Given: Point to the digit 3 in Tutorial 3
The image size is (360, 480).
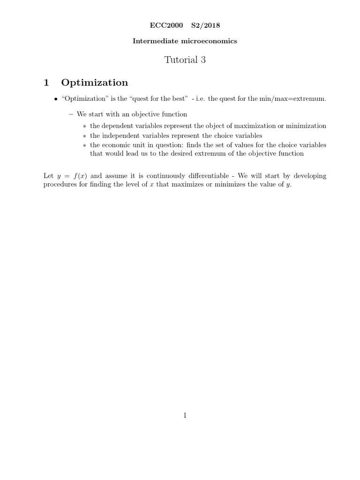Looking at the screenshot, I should [x=203, y=60].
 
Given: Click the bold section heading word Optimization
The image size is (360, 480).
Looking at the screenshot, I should [x=94, y=83].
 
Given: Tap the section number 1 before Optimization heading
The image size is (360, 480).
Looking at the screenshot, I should [x=46, y=83].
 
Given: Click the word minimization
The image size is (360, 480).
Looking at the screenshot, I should [x=306, y=126].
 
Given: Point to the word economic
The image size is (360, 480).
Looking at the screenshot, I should [x=117, y=145].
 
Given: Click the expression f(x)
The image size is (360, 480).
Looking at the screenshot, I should [x=79, y=176].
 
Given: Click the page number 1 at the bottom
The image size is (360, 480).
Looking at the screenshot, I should [x=185, y=415].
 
